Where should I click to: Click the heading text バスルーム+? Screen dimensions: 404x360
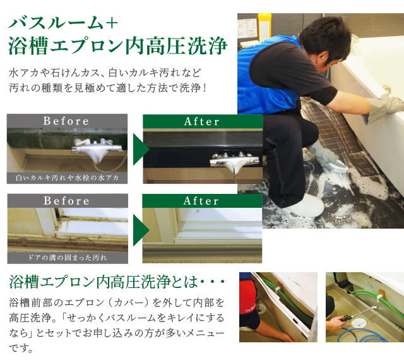63,23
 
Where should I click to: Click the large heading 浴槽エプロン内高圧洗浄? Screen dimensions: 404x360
118,46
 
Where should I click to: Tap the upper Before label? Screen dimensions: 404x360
66,121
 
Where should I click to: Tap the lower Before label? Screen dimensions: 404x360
66,201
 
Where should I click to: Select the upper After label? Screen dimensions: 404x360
202,121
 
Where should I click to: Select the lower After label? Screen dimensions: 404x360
201,201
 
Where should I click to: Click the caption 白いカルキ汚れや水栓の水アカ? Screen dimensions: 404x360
67,178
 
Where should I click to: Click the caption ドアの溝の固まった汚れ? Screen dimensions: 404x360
68,258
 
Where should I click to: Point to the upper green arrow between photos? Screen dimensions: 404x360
141,149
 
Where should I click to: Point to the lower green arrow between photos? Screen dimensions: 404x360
141,231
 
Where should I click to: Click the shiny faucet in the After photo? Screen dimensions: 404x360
234,162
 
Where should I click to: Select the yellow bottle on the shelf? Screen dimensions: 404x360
264,28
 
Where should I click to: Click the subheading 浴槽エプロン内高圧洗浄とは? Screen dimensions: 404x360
104,282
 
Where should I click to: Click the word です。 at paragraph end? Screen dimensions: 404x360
21,348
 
